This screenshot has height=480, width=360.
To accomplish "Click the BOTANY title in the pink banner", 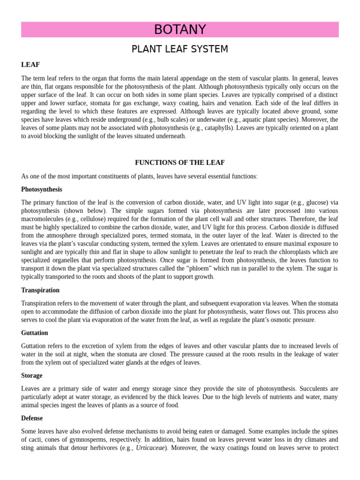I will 180,30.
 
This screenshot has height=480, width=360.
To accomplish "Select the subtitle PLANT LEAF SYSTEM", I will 180,49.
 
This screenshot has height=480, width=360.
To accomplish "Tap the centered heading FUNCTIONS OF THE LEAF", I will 180,163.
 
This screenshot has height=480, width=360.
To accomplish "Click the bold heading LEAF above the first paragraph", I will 30,64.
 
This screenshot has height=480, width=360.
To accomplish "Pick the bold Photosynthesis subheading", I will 42,189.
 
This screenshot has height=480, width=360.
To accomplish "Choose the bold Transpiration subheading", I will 40,290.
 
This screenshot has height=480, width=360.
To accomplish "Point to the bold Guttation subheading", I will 35,333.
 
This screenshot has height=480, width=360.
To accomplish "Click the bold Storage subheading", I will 32,375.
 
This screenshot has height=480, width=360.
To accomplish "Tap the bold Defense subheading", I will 32,418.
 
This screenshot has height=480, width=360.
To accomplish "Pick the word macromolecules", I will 44,218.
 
